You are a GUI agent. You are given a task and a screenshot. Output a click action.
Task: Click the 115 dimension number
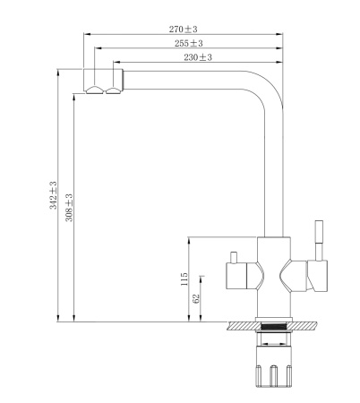point(184,279)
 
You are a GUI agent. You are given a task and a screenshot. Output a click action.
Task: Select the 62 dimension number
point(197,297)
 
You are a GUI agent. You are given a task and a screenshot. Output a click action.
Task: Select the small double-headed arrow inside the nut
point(276,339)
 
